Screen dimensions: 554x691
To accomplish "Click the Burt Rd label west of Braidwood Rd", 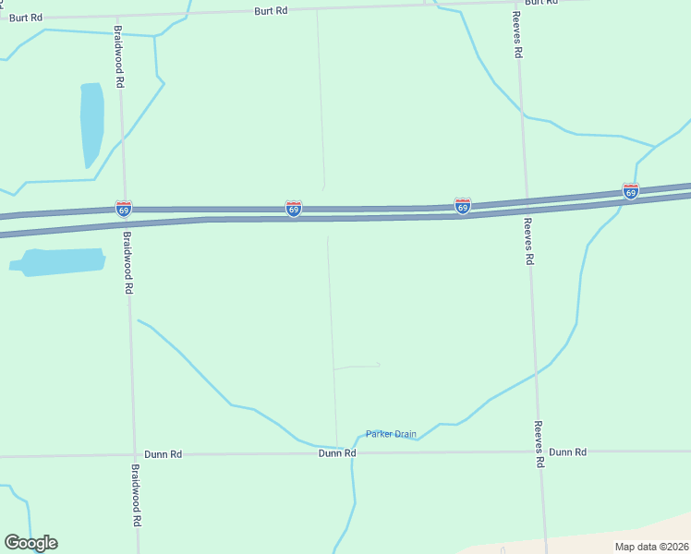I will [x=26, y=18].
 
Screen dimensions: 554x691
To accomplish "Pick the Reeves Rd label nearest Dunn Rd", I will [x=538, y=444].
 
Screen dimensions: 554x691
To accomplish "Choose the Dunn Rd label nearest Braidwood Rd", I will [x=164, y=454].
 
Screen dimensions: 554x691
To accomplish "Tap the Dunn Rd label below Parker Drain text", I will [x=337, y=453].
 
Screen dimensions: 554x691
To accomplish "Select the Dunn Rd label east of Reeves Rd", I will [x=567, y=452].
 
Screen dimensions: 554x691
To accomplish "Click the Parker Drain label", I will [x=391, y=434].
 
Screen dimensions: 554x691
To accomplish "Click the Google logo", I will [x=30, y=543].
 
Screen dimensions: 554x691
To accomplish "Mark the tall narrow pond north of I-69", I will [x=91, y=125].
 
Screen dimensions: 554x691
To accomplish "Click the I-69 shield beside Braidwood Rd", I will [x=124, y=208].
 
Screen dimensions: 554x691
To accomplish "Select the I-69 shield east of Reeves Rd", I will [x=631, y=191].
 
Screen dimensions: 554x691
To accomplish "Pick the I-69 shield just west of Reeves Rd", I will [x=463, y=206].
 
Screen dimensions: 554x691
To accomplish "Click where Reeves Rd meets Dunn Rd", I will [x=538, y=452].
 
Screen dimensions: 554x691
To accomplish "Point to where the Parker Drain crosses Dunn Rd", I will [x=353, y=453].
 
